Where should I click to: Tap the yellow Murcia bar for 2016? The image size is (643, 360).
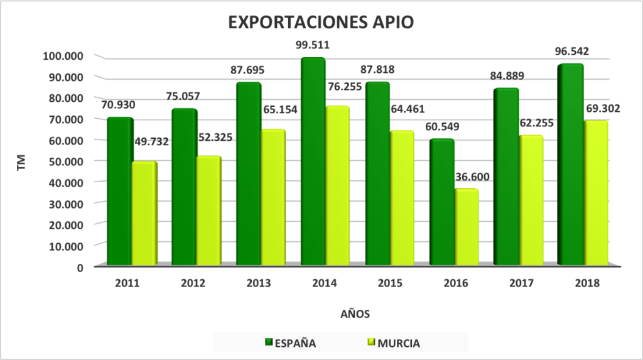pyautogui.click(x=466, y=227)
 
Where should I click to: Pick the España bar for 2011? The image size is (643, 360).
pyautogui.click(x=119, y=191)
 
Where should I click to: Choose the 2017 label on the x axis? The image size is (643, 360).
pyautogui.click(x=519, y=283)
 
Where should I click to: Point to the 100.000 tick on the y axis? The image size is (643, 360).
pyautogui.click(x=63, y=56)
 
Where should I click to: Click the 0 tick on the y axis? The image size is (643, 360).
pyautogui.click(x=80, y=266)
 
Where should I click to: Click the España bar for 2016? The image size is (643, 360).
pyautogui.click(x=441, y=202)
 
